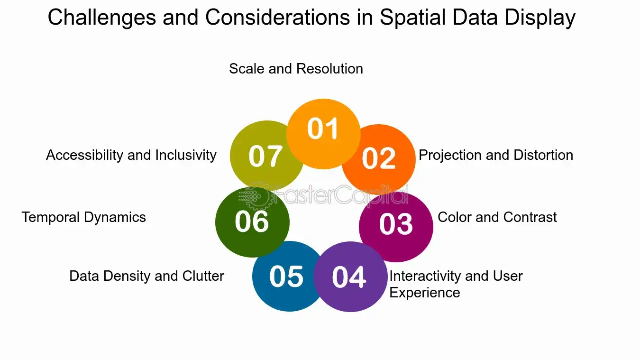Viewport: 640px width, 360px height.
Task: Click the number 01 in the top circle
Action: point(322,129)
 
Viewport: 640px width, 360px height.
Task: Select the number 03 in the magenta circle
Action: point(396,224)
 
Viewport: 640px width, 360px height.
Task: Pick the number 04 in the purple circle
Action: point(348,277)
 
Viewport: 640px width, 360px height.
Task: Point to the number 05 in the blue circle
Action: point(286,276)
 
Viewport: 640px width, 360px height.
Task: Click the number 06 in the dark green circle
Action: point(252,221)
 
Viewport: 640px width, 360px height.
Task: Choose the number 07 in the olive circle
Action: point(265,156)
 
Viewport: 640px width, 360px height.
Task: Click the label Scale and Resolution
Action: point(296,69)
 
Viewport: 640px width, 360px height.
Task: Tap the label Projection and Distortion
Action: point(496,155)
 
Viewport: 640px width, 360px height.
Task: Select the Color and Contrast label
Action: point(497,217)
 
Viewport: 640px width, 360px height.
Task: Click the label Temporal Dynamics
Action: point(84,217)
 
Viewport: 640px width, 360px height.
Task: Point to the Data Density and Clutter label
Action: point(146,276)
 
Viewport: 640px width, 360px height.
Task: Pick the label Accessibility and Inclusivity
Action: point(131,155)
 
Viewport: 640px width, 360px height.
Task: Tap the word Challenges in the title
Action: point(102,18)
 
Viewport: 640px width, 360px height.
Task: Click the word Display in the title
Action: point(540,18)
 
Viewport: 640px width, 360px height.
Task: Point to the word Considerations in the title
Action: point(277,17)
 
